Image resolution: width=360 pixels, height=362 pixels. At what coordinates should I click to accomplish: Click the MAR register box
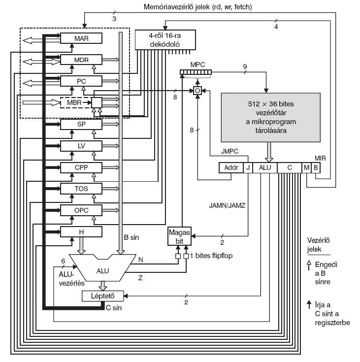[x=81, y=38]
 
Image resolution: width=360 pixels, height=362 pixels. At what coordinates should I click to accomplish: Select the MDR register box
[x=81, y=60]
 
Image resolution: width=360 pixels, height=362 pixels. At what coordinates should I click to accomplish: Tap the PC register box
[x=81, y=81]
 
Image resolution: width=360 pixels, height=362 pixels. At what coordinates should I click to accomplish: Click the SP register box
[x=81, y=124]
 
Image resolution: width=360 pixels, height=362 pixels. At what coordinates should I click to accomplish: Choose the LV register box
[x=81, y=146]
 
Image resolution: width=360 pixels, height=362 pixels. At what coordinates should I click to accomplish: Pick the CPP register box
[x=81, y=167]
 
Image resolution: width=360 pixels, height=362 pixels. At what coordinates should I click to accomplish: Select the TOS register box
[x=81, y=189]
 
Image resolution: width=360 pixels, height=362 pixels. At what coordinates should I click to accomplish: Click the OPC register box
[x=81, y=210]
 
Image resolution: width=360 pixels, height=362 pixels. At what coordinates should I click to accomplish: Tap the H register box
[x=81, y=232]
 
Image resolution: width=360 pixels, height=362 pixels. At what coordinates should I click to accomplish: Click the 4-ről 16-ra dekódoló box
[x=165, y=40]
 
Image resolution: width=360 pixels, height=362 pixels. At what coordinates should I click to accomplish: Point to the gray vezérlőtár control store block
[x=271, y=117]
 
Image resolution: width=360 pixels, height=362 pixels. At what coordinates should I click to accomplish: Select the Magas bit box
[x=179, y=236]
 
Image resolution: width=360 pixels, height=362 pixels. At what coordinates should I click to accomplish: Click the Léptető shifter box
[x=103, y=296]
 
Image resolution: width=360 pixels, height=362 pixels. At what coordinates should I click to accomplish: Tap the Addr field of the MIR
[x=231, y=167]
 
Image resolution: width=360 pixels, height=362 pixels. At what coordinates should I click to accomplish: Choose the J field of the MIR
[x=248, y=167]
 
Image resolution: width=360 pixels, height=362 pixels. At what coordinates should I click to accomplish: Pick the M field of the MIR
[x=306, y=167]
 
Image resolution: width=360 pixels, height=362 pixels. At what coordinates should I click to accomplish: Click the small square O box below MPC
[x=197, y=91]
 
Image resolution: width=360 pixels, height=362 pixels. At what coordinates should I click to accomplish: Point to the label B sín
[x=131, y=237]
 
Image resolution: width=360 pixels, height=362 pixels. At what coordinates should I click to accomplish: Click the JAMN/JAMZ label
[x=227, y=205]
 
